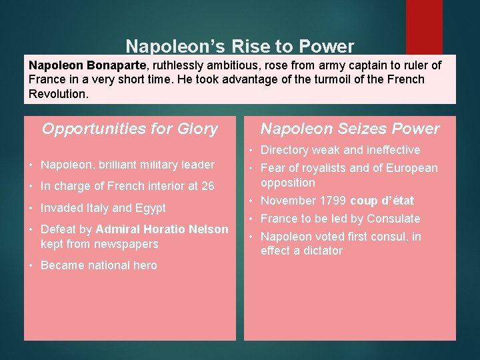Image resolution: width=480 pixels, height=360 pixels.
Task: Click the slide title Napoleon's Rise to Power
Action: tap(240, 46)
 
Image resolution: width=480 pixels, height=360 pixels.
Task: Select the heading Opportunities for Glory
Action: tap(130, 129)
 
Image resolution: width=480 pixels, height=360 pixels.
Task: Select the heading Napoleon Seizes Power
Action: tap(350, 129)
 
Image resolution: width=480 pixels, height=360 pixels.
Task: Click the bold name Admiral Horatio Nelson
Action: tap(162, 229)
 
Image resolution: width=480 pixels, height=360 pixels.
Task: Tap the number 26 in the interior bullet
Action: tap(207, 186)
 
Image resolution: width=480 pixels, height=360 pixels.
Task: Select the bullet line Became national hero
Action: tap(99, 265)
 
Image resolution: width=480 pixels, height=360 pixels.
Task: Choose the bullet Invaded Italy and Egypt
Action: tap(103, 208)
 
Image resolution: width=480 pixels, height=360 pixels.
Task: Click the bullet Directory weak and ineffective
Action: tap(340, 150)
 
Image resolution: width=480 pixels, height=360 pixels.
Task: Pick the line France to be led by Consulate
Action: tap(340, 219)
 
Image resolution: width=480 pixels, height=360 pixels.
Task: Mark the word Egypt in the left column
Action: tap(150, 208)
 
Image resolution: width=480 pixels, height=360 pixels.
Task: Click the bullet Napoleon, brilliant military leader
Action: tap(127, 165)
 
